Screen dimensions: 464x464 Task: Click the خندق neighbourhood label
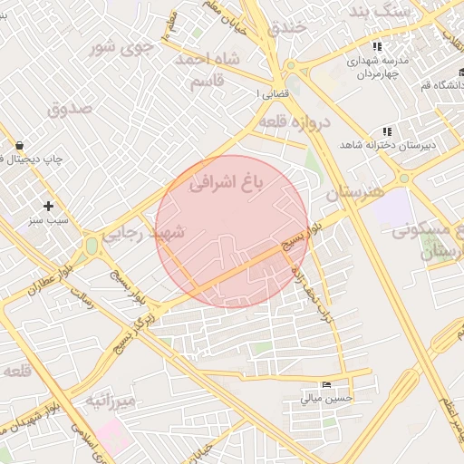point(288,27)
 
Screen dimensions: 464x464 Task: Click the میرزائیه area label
point(111,400)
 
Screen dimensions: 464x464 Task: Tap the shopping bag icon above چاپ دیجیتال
point(19,145)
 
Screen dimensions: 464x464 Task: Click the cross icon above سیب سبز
point(49,206)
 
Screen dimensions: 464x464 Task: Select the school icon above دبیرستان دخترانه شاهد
point(388,131)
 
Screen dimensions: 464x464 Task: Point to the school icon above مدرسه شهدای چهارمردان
point(377,47)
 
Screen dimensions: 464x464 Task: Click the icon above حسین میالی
point(326,383)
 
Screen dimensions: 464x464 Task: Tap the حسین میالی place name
point(324,398)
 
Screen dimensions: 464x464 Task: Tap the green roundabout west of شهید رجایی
point(91,245)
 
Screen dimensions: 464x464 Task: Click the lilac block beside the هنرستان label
point(391,208)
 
